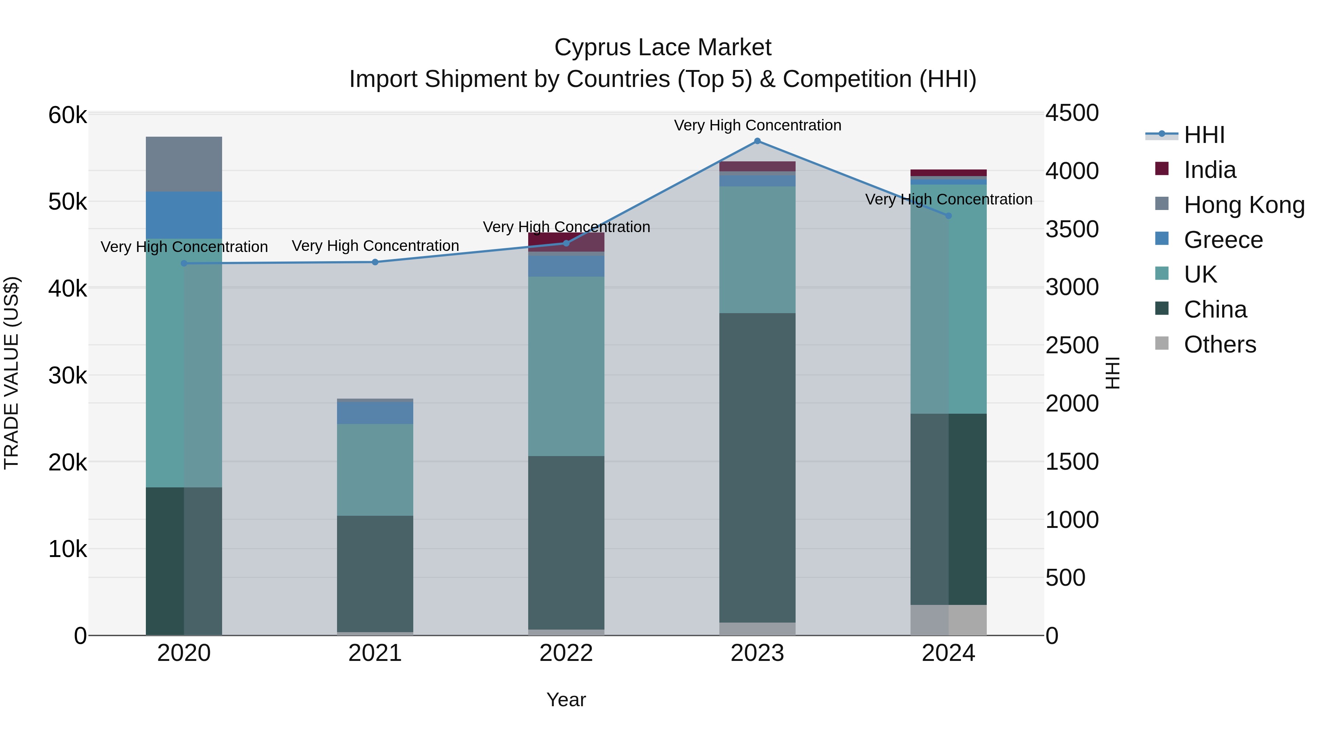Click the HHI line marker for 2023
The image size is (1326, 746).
pos(757,141)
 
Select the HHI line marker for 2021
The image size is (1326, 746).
pos(375,262)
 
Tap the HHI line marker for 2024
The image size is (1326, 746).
pos(949,216)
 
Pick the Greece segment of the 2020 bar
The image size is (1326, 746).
pos(184,215)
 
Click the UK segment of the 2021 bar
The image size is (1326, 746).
pos(375,470)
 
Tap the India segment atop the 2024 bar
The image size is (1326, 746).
pos(949,172)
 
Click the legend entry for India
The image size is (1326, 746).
pos(1209,170)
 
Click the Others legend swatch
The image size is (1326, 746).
pos(1162,343)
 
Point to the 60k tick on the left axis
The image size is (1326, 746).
pos(67,115)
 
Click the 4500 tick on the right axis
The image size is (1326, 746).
pos(1072,113)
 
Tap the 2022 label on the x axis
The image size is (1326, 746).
pos(566,653)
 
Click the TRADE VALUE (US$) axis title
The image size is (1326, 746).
pos(11,373)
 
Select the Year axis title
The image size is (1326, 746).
pos(566,700)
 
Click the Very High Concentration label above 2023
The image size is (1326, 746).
pos(757,125)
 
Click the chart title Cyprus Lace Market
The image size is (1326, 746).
pos(663,48)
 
